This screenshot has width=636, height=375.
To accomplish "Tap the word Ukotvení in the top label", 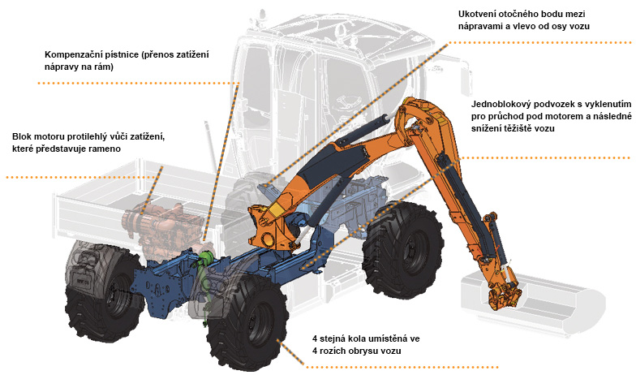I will [479, 14].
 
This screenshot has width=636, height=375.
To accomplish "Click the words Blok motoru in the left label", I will [40, 136].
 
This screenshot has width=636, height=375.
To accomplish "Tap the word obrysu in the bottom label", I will [370, 351].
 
